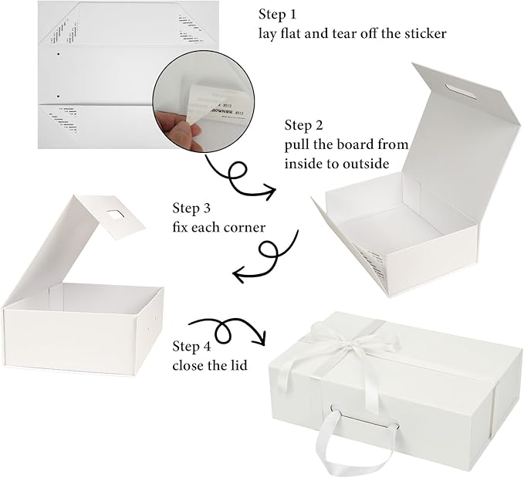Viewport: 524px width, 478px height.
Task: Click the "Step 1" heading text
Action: tap(278, 15)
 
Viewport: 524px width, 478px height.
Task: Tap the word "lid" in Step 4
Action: tap(239, 364)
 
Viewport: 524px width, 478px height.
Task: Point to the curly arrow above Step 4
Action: tap(225, 330)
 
